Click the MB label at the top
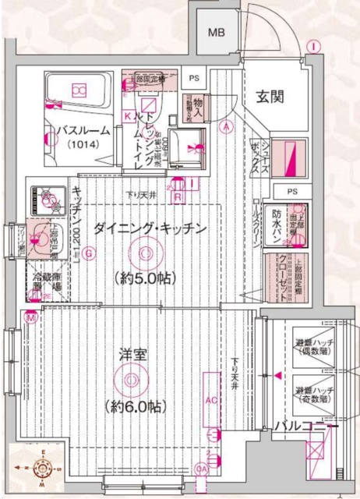click(216, 33)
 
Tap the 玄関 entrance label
click(270, 97)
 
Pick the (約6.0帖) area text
click(136, 406)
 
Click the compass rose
click(41, 469)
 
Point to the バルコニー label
click(305, 427)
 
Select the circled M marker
click(30, 317)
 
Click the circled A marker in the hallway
click(226, 126)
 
